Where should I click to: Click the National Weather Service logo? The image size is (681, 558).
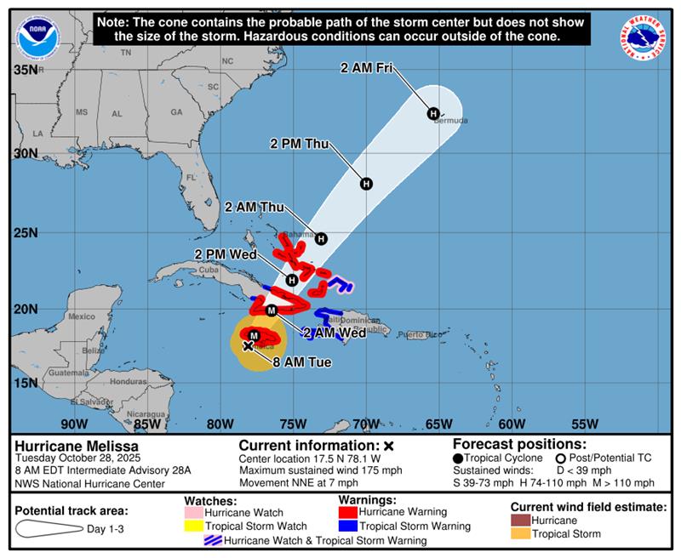point(643,37)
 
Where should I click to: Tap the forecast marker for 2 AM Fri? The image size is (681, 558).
point(432,114)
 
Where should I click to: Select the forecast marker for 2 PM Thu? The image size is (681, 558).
point(366,184)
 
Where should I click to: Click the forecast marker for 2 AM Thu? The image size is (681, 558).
point(321,239)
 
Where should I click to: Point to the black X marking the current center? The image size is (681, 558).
point(248,346)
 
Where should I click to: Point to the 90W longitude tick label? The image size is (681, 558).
point(74,424)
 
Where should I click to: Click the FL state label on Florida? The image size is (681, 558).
point(192,178)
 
